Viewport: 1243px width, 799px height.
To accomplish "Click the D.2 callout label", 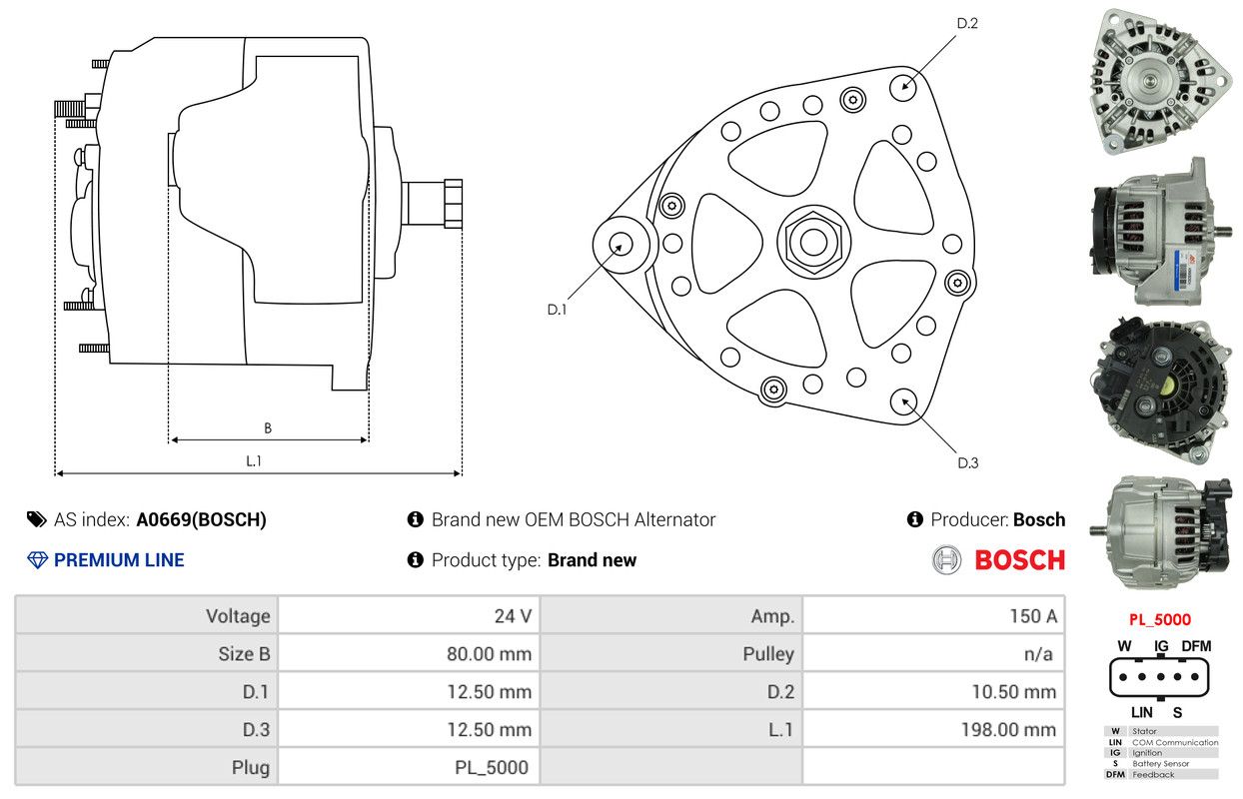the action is pos(967,23).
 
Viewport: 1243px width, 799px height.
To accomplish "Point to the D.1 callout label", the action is pos(557,310).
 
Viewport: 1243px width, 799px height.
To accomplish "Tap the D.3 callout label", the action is pos(968,463).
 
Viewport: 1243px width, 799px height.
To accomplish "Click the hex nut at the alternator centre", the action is pos(813,243).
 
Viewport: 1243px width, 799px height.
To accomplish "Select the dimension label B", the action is pos(268,428).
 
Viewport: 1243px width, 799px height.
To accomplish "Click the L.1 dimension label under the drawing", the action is pos(254,460).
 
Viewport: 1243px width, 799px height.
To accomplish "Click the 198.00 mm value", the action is pos(1008,729).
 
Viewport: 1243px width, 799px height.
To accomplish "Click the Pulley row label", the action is pos(768,654).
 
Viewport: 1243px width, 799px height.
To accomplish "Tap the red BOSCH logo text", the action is pos(1020,560).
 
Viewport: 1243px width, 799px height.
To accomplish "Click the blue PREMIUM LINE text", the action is pos(119,560).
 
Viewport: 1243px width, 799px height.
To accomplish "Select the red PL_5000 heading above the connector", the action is pos(1160,619).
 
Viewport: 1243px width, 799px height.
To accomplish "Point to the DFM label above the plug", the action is pos(1196,646).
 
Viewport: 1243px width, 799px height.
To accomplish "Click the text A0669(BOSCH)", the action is pos(202,519).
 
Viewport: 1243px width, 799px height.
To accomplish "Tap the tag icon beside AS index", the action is pos(37,519).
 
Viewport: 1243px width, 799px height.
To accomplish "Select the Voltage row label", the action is pos(238,616).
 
